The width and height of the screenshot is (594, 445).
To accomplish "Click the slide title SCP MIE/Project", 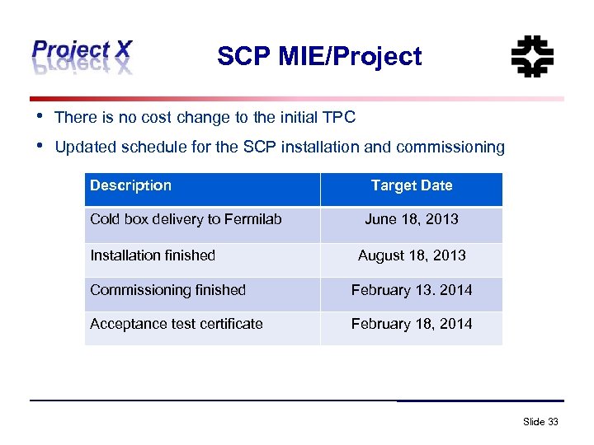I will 319,56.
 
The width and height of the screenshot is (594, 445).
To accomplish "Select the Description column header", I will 130,185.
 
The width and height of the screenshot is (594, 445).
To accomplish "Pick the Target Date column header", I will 412,185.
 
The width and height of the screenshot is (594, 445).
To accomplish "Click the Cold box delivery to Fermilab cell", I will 186,219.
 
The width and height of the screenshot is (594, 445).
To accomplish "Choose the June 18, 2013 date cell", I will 412,219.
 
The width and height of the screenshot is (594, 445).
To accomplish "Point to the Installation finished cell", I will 153,255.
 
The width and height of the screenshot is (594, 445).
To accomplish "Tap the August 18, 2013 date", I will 412,255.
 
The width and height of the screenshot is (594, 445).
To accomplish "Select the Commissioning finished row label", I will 167,290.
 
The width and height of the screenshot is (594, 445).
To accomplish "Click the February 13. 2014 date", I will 412,290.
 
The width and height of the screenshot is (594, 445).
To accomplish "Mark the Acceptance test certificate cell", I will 177,324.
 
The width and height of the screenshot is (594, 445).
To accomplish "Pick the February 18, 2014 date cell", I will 412,324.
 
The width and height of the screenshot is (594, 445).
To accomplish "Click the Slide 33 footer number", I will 540,422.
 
